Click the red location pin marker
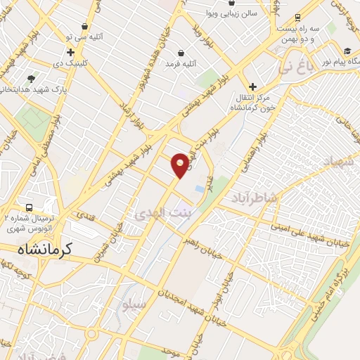pos(181,165)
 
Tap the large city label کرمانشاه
pos(47,249)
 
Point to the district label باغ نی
pos(293,69)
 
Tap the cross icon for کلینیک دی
pos(70,52)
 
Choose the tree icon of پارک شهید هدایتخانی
pos(30,79)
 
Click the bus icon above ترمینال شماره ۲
pos(30,208)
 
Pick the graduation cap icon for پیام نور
pos(347,51)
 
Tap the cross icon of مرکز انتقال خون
pos(252,86)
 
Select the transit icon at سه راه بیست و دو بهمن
pos(297,17)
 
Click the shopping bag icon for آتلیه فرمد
pos(181,53)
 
